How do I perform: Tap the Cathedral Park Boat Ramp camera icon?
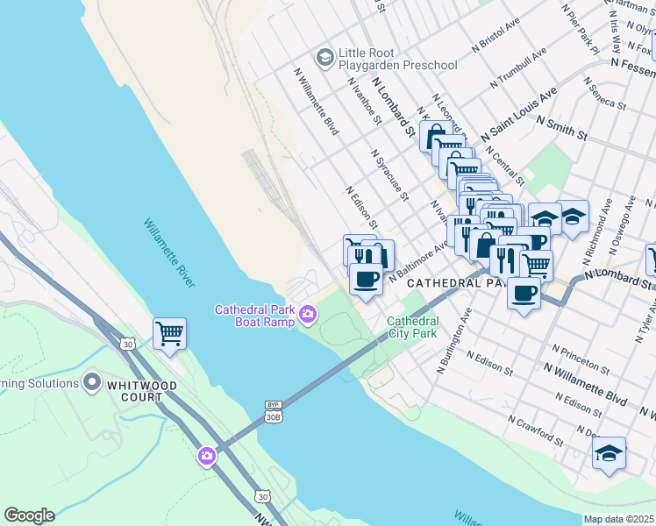click(x=308, y=313)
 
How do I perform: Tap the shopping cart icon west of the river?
click(x=169, y=333)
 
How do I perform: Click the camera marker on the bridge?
click(x=207, y=455)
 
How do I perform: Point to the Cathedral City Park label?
click(x=412, y=328)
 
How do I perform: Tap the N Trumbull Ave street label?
click(x=520, y=68)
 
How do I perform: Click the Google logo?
click(x=29, y=515)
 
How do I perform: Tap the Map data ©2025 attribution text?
click(x=619, y=519)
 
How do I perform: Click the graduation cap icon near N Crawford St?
click(x=609, y=453)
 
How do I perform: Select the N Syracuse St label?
click(x=390, y=173)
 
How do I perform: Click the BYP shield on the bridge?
click(x=272, y=405)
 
